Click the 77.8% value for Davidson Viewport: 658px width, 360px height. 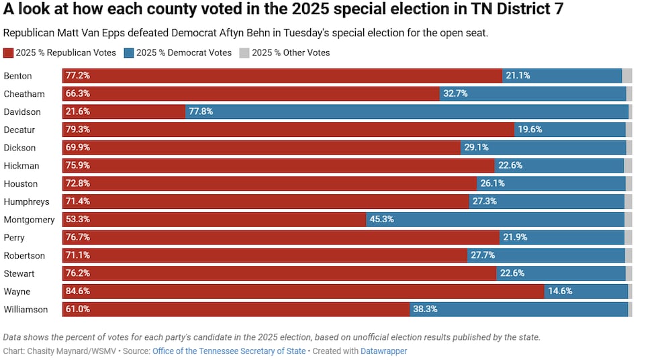[201, 111]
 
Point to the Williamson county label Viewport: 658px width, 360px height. [26, 310]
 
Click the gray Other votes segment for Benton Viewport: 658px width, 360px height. [627, 76]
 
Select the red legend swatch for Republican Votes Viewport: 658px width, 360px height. [8, 53]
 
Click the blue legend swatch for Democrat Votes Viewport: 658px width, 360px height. [129, 53]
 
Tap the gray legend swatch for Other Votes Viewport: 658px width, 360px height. [244, 53]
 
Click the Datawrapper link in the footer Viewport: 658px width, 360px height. [383, 351]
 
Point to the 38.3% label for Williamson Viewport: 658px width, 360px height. [425, 310]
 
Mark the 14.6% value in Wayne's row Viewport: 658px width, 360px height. [559, 291]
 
